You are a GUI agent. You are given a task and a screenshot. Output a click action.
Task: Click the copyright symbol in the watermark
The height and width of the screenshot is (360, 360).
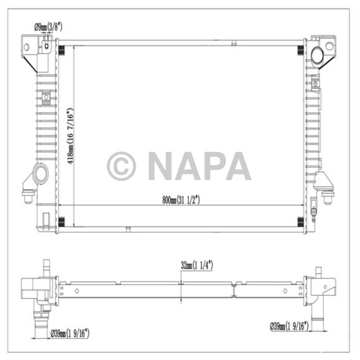coord(121,166)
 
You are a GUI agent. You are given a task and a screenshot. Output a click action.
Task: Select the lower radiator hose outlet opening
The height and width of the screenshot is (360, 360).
coord(40,174)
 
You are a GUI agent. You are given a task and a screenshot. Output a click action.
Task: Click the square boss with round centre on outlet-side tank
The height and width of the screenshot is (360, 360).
coord(46,96)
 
